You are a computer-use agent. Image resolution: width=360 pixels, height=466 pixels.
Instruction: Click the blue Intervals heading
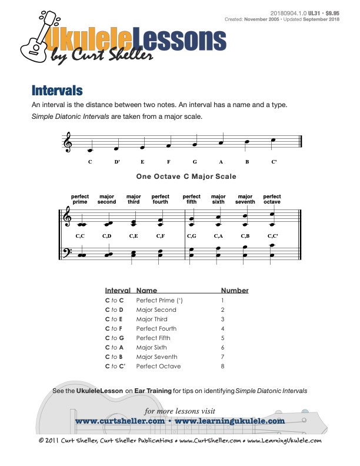57,91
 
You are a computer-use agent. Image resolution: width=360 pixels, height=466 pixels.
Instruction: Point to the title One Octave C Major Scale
186,176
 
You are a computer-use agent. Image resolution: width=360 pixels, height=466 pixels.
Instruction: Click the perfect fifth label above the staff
192,199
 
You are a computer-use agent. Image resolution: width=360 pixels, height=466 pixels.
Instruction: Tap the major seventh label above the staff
245,199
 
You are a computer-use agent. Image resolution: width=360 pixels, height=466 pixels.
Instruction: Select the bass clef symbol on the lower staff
67,254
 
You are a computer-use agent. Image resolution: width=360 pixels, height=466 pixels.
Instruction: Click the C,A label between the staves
218,236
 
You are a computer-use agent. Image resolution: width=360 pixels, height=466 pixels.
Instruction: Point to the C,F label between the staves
160,236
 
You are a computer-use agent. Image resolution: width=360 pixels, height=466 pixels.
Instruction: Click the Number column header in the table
235,291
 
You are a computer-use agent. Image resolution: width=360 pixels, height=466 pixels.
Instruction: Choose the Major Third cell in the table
152,319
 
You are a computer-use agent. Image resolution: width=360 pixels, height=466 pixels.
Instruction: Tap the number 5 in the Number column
223,338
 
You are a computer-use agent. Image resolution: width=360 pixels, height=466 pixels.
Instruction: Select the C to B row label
114,357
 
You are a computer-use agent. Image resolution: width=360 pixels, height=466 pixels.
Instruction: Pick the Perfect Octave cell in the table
158,366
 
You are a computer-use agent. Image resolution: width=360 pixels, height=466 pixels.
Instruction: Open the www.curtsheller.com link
120,421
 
